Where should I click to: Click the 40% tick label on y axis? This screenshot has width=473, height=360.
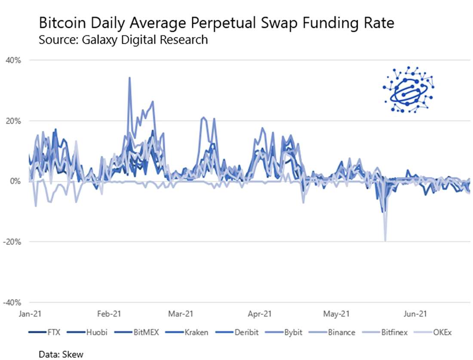13,60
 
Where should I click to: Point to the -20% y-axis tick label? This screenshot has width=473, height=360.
12,242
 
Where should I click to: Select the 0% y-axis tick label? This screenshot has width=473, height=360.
15,181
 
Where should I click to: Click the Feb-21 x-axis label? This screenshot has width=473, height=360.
109,314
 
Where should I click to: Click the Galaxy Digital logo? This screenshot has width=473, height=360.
408,90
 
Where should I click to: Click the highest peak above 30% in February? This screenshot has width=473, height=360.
129,78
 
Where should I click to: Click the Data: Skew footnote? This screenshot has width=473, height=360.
61,354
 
